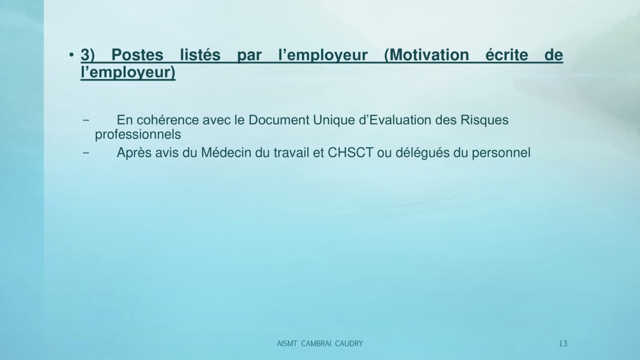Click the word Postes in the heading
click(x=137, y=55)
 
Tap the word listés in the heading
click(x=201, y=54)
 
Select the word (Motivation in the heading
click(x=427, y=55)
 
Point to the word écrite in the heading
click(x=507, y=54)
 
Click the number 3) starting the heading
click(x=87, y=55)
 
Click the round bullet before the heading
click(x=71, y=54)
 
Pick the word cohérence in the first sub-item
click(x=167, y=120)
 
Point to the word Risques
click(x=484, y=121)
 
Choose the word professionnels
click(x=138, y=135)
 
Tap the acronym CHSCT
click(x=350, y=153)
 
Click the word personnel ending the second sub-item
click(x=501, y=154)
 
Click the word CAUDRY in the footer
click(x=349, y=343)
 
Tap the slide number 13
click(x=563, y=343)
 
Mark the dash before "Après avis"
click(x=85, y=153)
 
